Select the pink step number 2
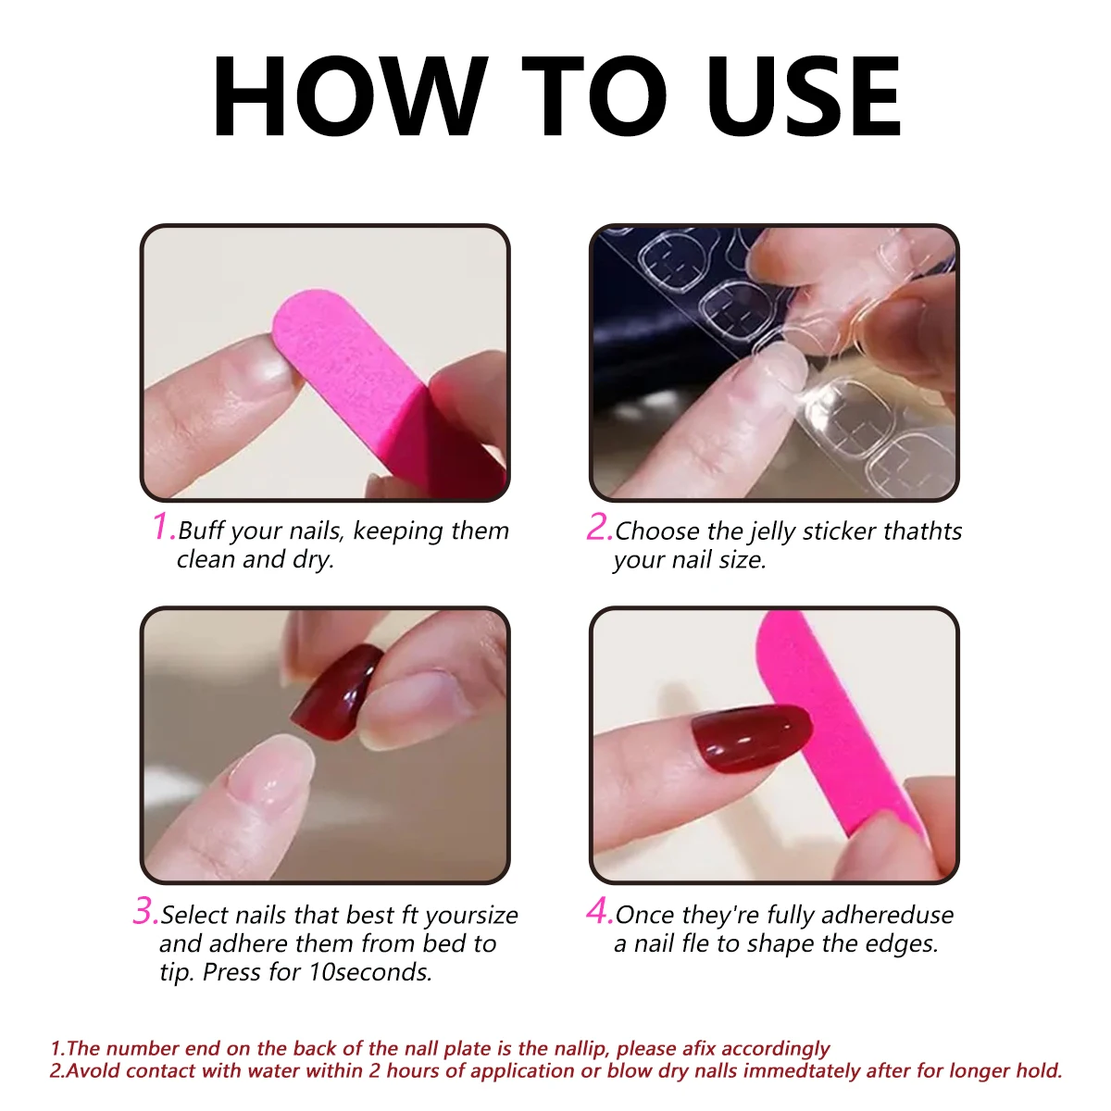[x=599, y=527]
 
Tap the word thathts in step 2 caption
[x=922, y=531]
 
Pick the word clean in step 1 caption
[x=206, y=559]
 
